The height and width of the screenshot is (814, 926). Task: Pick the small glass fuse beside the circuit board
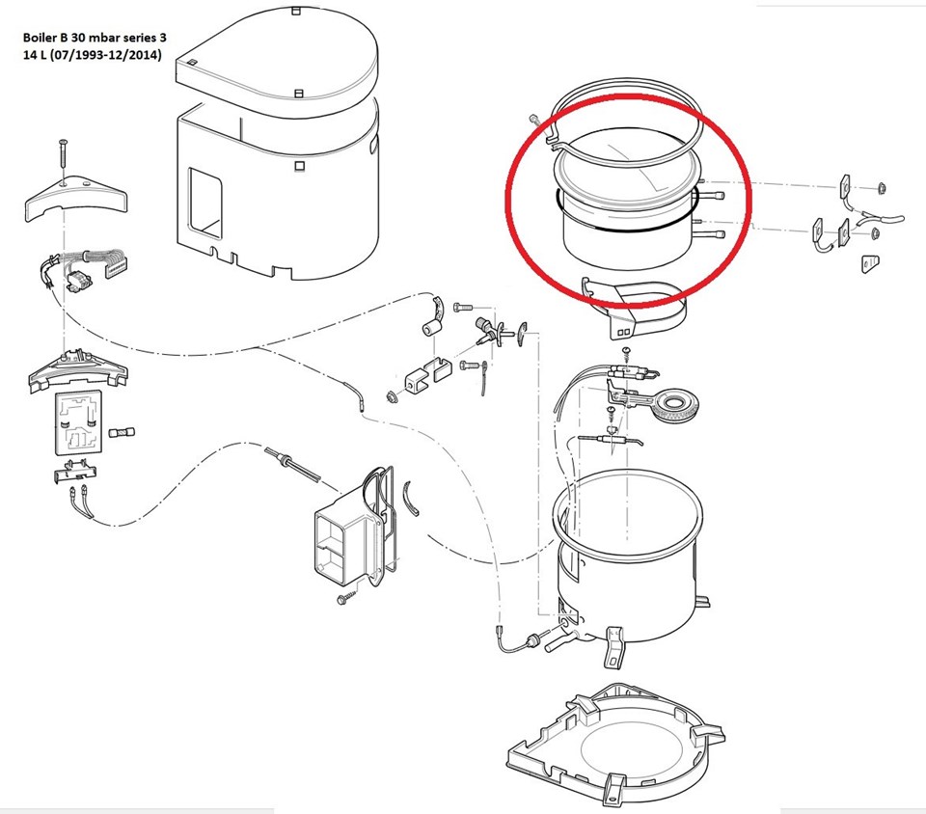[x=123, y=433]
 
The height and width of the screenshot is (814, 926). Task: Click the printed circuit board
[x=79, y=423]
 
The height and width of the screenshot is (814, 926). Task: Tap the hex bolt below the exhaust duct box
[x=345, y=597]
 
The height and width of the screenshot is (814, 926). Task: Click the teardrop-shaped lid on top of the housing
[x=278, y=59]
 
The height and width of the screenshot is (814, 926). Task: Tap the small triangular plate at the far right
[x=869, y=263]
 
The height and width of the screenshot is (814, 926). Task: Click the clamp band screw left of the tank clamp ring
[x=535, y=120]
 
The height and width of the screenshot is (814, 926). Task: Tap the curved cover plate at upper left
[x=75, y=198]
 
